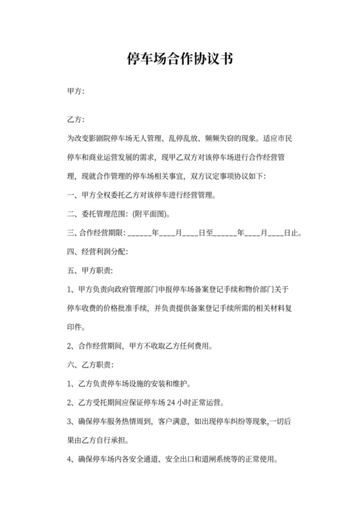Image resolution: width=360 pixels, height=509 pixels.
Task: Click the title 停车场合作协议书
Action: [180, 60]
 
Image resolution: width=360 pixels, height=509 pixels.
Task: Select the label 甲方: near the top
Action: [76, 92]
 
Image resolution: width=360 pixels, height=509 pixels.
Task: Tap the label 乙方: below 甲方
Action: [76, 120]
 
